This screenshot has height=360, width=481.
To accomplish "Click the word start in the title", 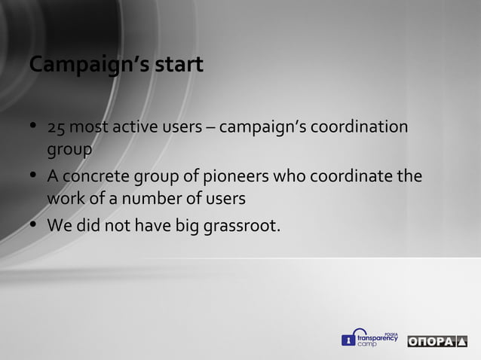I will click(179, 66).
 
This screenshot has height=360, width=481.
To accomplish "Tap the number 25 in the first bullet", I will click(57, 127).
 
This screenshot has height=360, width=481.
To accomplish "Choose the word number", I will click(167, 200).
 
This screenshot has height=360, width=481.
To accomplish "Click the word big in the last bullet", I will click(186, 225).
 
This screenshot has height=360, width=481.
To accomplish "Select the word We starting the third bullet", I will click(58, 225).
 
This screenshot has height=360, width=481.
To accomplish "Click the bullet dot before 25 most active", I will click(34, 126).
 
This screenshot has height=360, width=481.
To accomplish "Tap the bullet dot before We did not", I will click(34, 224).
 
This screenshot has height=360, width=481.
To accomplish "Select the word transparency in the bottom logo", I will click(376, 339).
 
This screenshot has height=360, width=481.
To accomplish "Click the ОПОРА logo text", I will click(431, 342).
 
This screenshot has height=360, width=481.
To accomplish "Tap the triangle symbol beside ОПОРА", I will click(461, 342).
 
